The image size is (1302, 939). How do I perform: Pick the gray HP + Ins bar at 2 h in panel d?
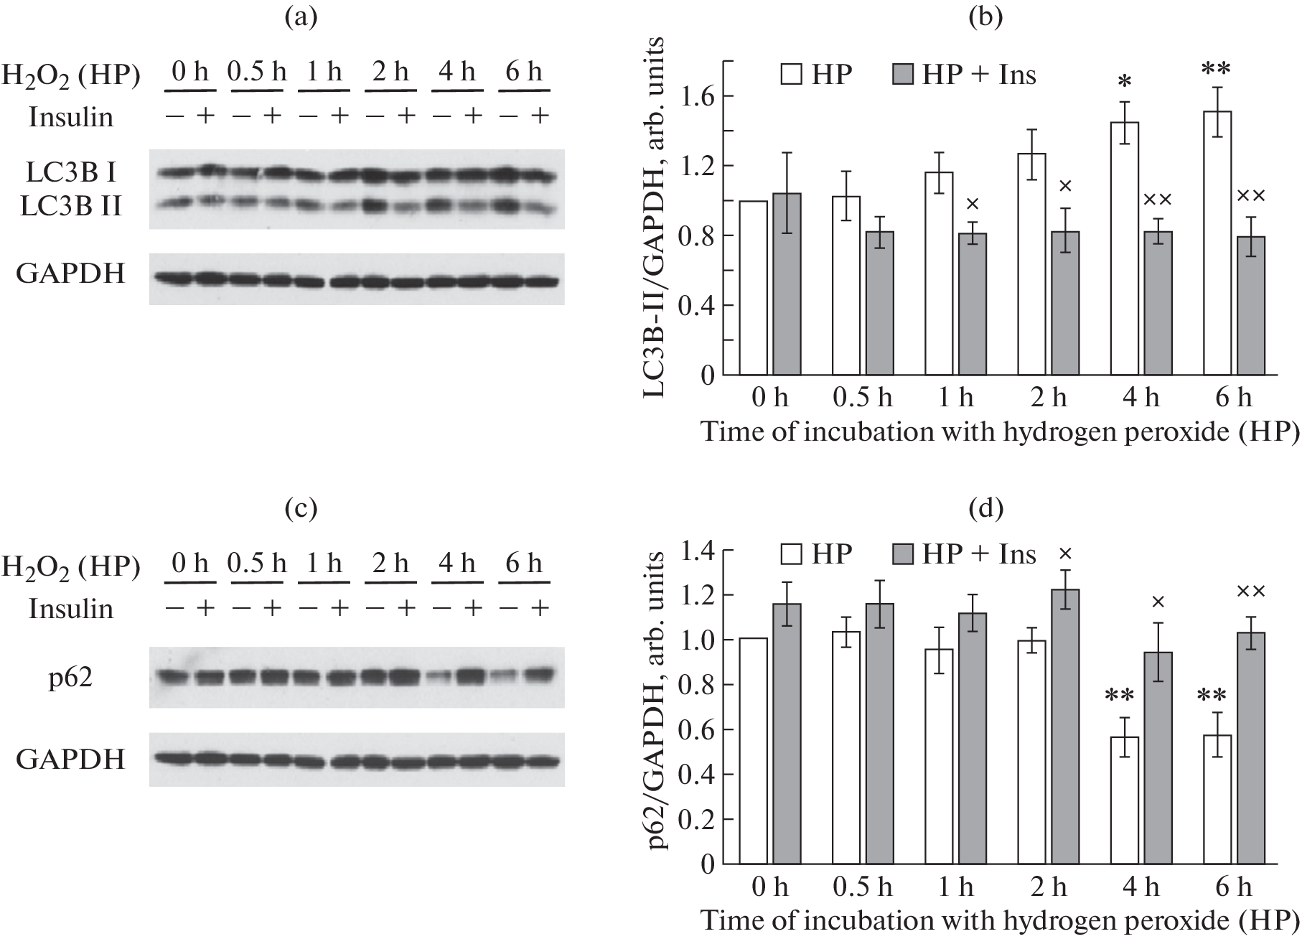(1064, 726)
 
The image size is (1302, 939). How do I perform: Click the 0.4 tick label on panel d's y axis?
(698, 775)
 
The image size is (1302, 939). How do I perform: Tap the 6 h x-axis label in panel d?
(1233, 887)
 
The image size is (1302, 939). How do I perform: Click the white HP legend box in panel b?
(791, 75)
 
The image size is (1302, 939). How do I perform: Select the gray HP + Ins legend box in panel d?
(902, 554)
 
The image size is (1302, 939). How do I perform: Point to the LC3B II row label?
(71, 207)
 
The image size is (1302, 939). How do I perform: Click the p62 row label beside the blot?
(70, 678)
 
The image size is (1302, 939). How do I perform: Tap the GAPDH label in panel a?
(70, 274)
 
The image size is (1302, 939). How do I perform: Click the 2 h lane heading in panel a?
(390, 73)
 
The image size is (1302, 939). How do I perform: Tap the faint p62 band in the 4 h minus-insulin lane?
(439, 676)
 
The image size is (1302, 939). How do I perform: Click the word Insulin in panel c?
(71, 609)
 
